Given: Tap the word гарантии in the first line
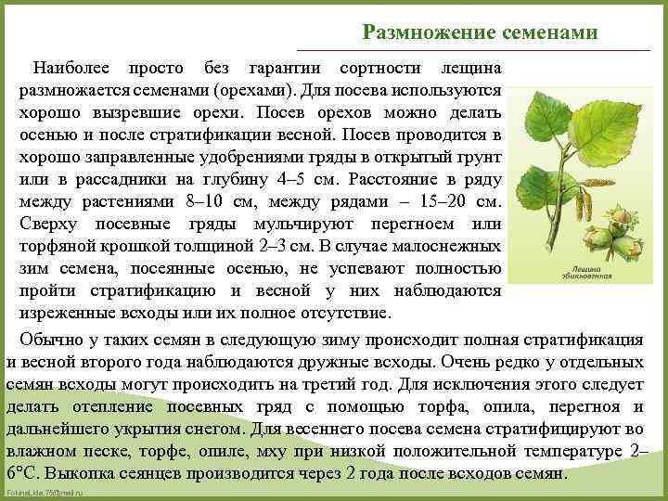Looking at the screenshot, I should (285, 70).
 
